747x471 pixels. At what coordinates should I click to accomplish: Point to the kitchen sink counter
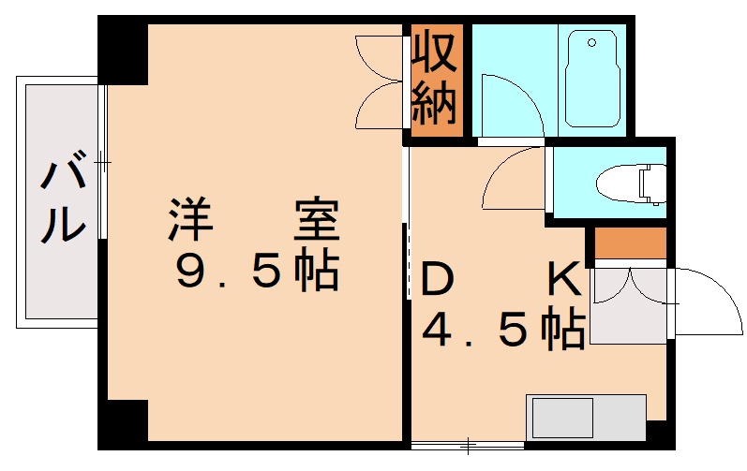[586, 415]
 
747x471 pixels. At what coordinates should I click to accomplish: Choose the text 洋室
[253, 221]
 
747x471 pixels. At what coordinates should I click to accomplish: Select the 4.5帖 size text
[502, 329]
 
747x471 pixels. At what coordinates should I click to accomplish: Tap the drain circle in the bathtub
[590, 42]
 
